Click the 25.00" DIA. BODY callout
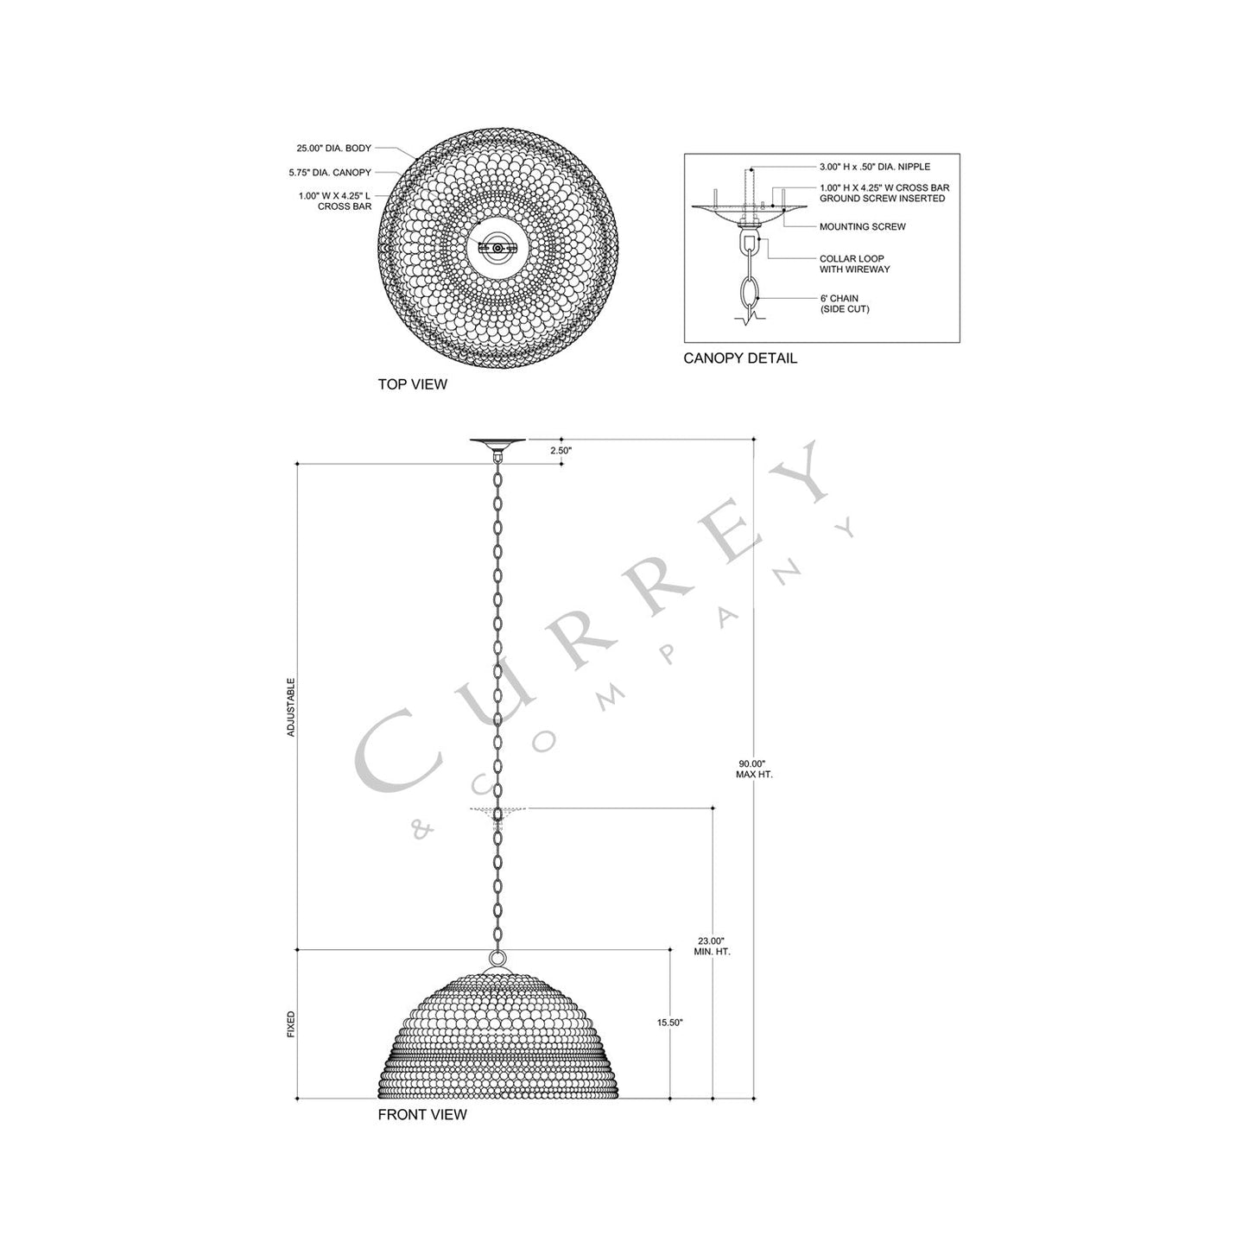click(333, 149)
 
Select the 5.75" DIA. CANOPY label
click(330, 173)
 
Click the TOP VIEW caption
click(412, 384)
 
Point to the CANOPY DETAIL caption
click(740, 358)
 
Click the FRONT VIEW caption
click(421, 1114)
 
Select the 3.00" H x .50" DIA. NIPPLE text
click(874, 167)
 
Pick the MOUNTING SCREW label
click(862, 227)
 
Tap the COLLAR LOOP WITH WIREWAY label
click(854, 264)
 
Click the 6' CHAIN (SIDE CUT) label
click(844, 304)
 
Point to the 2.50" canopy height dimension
click(561, 451)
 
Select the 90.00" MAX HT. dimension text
click(754, 769)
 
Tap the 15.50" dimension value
click(669, 1023)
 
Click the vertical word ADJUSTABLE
click(291, 706)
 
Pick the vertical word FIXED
click(291, 1024)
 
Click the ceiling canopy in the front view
click(497, 445)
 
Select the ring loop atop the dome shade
click(497, 958)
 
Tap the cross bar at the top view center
click(497, 248)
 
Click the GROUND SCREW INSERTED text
click(882, 199)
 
